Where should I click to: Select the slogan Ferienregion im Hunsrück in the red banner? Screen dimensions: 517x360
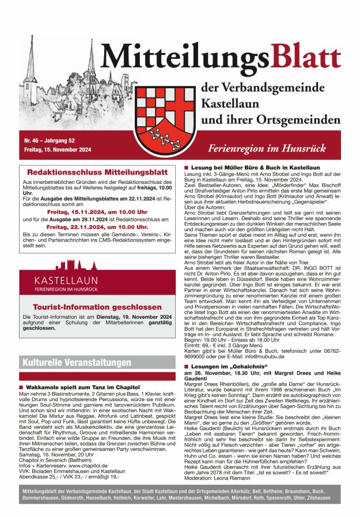point(281,148)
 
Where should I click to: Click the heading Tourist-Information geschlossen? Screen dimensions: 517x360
point(96,307)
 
